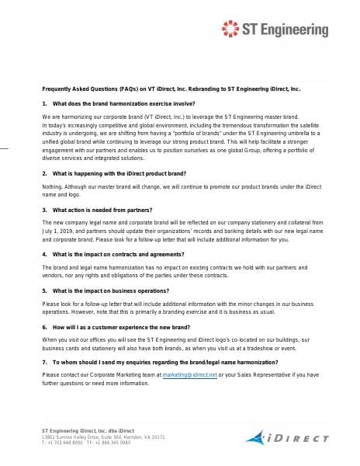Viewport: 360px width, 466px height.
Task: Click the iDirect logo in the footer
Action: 290,437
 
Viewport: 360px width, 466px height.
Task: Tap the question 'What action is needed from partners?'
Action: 102,210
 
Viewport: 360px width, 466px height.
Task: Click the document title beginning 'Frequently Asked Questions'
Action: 171,89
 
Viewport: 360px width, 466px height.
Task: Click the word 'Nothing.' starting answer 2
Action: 53,188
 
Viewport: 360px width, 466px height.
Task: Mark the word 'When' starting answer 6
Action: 50,340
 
